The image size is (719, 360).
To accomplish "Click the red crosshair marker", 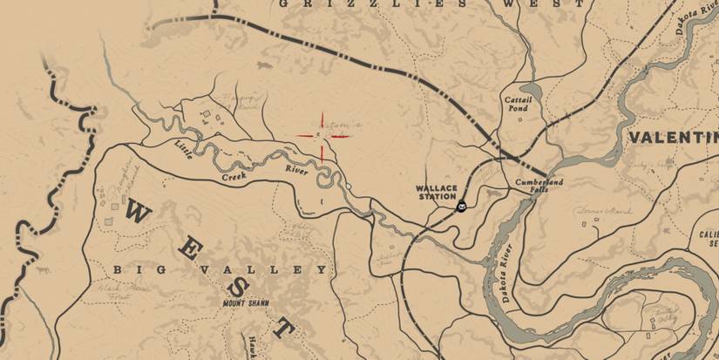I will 322,137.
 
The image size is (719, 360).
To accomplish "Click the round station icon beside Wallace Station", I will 462,207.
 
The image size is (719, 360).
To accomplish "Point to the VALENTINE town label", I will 672,138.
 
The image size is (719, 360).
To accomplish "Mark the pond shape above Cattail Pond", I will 532,88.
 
